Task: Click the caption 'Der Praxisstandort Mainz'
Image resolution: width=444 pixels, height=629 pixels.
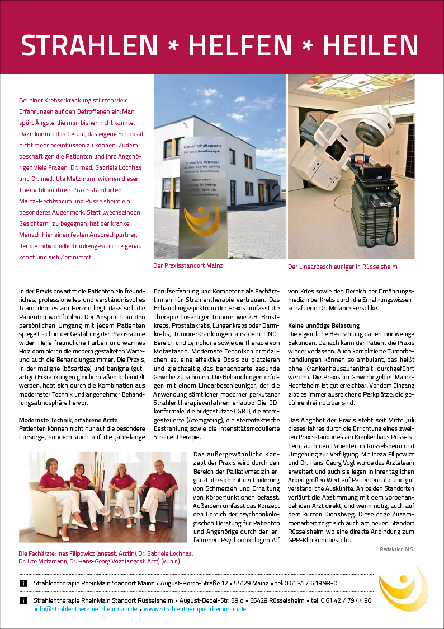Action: (188, 265)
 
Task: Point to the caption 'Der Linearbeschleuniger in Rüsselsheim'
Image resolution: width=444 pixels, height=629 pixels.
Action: (342, 267)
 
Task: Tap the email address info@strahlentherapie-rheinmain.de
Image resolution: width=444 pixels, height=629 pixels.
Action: (86, 608)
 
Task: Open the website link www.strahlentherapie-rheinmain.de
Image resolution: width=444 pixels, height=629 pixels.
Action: (195, 608)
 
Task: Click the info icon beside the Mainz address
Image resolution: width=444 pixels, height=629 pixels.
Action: (23, 583)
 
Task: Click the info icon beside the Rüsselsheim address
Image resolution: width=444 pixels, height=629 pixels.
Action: (23, 600)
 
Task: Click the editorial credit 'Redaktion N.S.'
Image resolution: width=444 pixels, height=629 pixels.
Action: (396, 549)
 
